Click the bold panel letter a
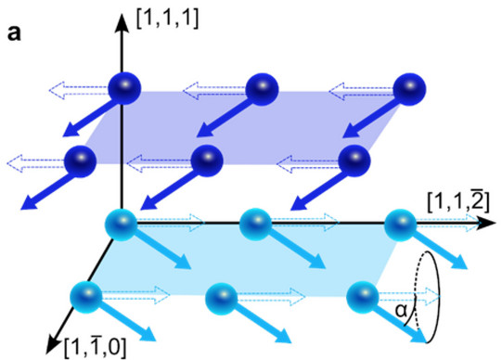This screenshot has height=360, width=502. point(14,33)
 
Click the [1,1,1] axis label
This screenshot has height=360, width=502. point(167,19)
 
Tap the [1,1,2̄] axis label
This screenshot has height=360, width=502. point(458,202)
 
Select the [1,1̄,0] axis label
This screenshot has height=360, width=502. point(96,347)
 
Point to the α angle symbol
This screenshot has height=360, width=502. point(401,310)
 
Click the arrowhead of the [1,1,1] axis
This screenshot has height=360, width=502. point(122,23)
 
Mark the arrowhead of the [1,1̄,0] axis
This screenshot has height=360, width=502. point(53,344)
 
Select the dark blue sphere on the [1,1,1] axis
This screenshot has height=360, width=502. point(124,88)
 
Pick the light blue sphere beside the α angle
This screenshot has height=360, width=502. point(363,297)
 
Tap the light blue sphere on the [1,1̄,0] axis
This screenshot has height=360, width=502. point(85,297)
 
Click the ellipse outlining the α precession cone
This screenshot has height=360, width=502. point(439,297)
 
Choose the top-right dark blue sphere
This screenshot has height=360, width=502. point(409,89)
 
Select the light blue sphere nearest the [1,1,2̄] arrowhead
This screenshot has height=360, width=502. point(401,225)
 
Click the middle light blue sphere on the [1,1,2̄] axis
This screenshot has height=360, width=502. point(256,225)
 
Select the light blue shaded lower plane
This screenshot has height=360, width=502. point(243,260)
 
